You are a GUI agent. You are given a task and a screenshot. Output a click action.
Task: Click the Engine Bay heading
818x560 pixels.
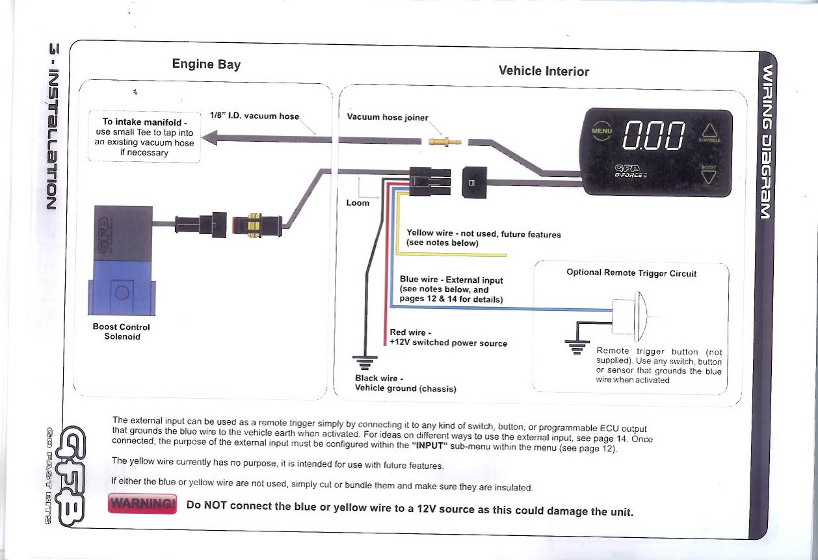tap(206, 64)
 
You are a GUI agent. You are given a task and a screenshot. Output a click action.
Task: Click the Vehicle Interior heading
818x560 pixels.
tap(544, 71)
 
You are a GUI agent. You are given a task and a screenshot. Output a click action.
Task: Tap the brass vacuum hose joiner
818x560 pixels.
tap(445, 140)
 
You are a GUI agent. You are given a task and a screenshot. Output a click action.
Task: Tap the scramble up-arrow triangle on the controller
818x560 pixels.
tap(708, 131)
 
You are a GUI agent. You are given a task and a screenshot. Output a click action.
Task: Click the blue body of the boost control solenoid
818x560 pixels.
tap(122, 287)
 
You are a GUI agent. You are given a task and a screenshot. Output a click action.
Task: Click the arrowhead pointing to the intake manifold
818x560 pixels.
tap(207, 138)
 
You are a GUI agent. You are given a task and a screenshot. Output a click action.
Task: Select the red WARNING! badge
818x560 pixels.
tap(142, 504)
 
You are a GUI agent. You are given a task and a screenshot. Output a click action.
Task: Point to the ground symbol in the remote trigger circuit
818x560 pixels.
tap(577, 346)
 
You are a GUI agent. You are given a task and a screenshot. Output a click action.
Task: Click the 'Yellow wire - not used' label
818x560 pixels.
tap(483, 238)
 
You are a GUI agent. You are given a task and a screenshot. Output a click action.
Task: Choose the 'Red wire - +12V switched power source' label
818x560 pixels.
tap(448, 338)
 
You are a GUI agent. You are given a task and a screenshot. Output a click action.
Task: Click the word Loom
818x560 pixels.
tap(357, 203)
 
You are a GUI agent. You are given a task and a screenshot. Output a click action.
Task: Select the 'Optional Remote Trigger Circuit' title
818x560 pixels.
tap(631, 273)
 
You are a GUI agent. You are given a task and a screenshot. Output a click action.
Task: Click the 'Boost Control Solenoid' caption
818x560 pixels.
tap(122, 332)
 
